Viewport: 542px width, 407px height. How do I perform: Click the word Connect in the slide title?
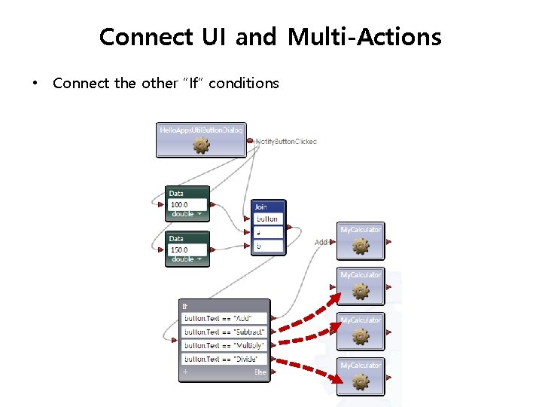tap(144, 36)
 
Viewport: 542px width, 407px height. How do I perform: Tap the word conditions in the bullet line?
tap(243, 83)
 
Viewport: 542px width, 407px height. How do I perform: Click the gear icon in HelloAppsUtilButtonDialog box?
tap(200, 145)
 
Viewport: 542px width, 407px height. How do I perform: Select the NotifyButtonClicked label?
tap(287, 141)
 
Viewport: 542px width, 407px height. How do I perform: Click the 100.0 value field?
tap(187, 204)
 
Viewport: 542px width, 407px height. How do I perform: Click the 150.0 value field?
tap(187, 249)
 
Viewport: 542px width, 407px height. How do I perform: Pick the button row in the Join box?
tap(269, 219)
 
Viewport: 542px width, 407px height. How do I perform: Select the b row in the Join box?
tap(269, 246)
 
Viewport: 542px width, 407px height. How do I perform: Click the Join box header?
tap(269, 207)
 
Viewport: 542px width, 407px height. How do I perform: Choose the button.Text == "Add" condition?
tap(224, 318)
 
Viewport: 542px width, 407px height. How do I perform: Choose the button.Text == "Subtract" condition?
tap(224, 332)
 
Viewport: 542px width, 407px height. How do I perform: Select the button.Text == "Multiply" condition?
tap(224, 345)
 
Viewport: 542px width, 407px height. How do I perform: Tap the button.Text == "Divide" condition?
tap(224, 359)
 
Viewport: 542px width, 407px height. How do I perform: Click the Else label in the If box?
tap(260, 372)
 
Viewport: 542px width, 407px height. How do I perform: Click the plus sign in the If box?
tap(185, 372)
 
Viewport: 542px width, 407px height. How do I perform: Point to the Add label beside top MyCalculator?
tap(321, 242)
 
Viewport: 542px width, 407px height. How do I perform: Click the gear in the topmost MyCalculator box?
tap(361, 246)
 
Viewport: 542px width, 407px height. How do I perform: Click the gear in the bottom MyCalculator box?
tap(361, 381)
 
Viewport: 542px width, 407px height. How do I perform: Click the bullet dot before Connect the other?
tap(34, 83)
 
